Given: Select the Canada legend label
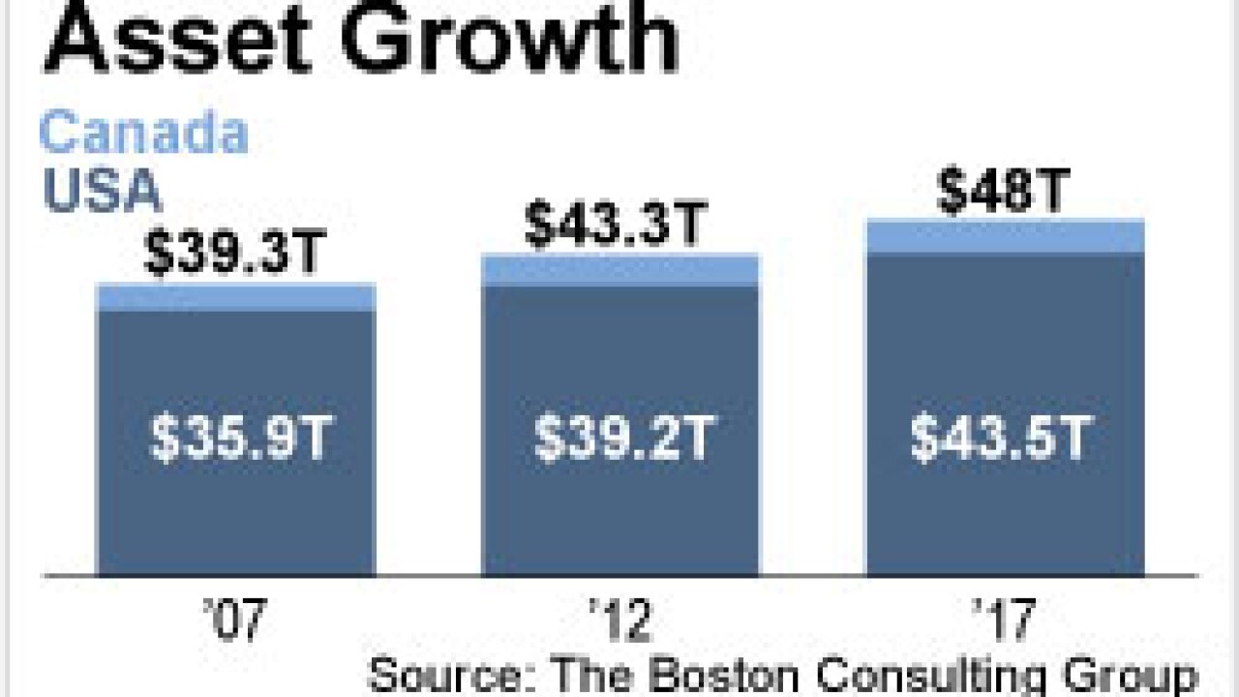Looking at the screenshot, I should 143,134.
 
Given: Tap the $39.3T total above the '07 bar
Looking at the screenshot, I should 235,256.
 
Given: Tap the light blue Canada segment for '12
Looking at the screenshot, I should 620,270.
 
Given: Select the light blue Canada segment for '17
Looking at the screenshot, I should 1005,236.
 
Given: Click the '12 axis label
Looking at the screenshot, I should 620,621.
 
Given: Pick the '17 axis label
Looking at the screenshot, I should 1005,621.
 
